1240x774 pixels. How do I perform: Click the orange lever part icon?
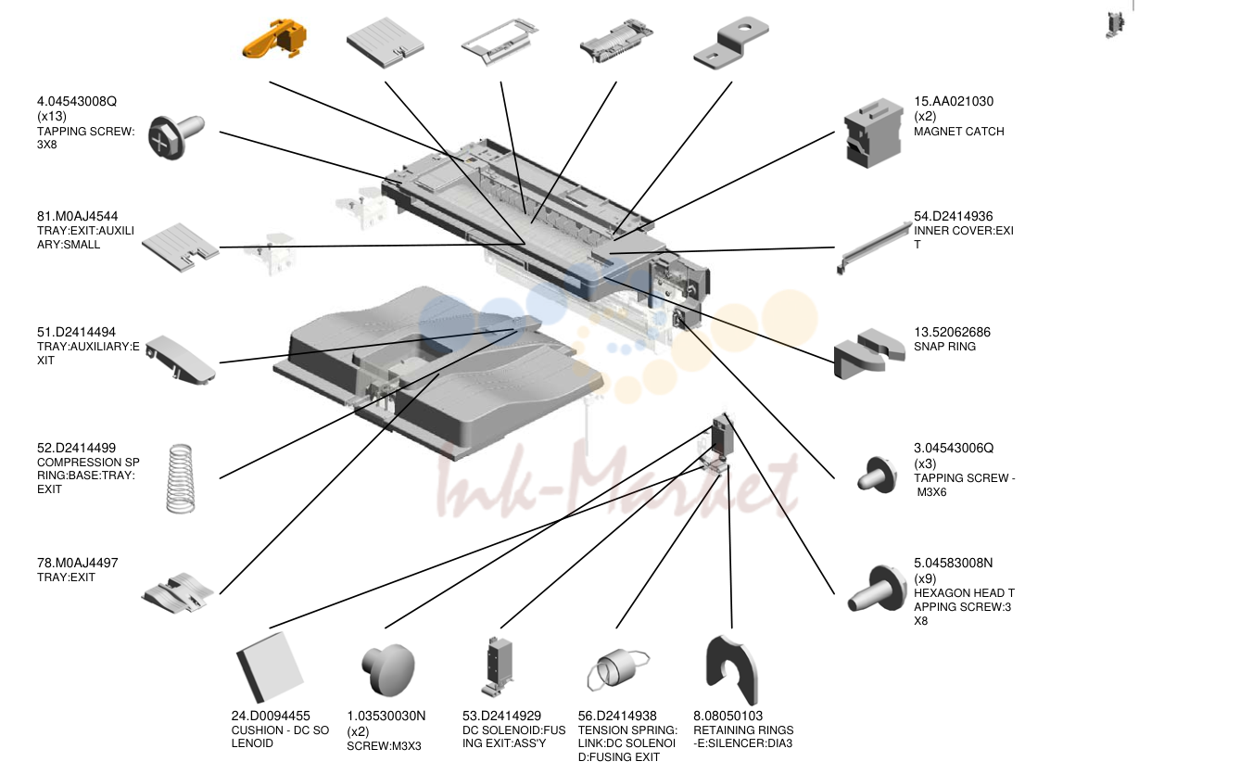point(274,39)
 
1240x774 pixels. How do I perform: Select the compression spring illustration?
point(181,478)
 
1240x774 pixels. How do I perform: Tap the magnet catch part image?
point(873,133)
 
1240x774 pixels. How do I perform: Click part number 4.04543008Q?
point(77,101)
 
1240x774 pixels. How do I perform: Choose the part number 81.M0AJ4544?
point(78,216)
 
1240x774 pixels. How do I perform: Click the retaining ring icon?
point(731,670)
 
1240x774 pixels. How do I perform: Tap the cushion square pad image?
point(270,667)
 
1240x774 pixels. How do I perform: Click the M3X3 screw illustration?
point(387,669)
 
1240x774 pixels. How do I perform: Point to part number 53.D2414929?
point(501,716)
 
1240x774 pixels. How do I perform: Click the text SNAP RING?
point(944,347)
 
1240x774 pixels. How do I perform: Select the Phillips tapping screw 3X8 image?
point(176,137)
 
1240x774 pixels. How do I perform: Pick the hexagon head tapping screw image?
point(877,589)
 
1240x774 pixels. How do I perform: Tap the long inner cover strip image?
point(874,247)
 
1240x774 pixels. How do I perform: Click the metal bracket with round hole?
point(730,44)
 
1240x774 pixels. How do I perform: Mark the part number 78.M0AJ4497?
point(78,563)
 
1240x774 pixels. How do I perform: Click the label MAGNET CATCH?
point(959,132)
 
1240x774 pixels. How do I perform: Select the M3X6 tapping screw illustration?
point(877,475)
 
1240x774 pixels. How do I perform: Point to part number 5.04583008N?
point(954,563)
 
